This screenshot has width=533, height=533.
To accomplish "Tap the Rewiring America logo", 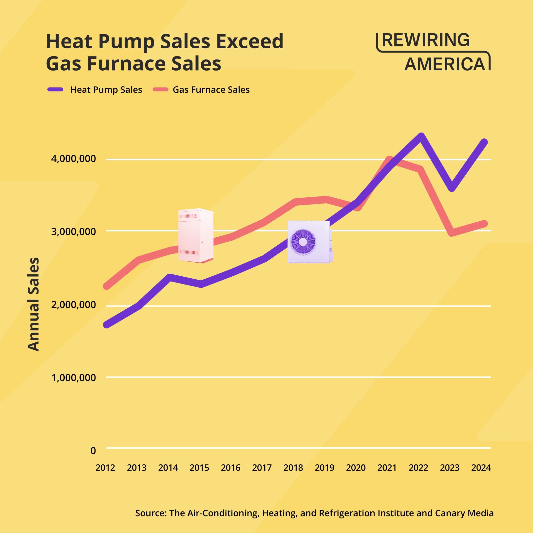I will tap(433, 52).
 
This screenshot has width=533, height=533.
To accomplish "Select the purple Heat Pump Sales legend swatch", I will tap(56, 89).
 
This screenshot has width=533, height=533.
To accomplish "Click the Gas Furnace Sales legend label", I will tap(211, 90).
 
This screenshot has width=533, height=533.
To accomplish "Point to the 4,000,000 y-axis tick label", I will tap(73, 159).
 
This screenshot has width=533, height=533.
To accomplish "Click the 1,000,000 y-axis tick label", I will tap(73, 378).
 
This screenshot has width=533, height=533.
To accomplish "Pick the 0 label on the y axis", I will tap(93, 451).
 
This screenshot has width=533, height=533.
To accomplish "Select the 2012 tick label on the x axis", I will tap(105, 468).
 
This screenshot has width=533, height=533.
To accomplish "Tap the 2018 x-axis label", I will tap(293, 468).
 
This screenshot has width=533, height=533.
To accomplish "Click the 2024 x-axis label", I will tap(481, 468).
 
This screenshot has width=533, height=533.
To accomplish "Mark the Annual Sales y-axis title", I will tap(34, 304).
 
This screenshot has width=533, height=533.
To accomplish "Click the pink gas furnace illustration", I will tap(196, 235).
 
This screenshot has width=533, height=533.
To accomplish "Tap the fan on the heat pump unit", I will tap(303, 242).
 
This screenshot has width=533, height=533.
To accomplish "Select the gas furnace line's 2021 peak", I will tap(389, 159).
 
